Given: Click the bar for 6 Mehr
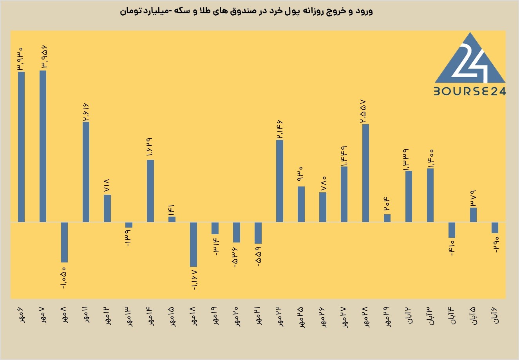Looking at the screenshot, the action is click(x=21, y=147).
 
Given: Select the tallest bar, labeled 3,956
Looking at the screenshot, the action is click(x=43, y=146).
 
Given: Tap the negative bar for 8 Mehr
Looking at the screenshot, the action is click(x=64, y=242).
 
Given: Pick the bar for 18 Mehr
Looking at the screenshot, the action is click(x=193, y=244).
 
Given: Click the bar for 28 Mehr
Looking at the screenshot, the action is click(x=365, y=173).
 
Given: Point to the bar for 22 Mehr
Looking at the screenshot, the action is click(x=280, y=181).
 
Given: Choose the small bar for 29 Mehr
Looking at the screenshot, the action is click(x=387, y=218).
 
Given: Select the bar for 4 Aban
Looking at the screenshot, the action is click(x=452, y=230).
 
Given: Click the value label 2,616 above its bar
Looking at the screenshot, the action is click(x=86, y=112).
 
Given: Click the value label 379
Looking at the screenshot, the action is click(x=473, y=199).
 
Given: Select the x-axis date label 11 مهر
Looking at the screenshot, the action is click(x=85, y=315).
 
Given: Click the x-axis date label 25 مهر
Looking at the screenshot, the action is click(x=301, y=317).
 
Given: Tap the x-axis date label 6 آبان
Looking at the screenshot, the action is click(x=495, y=315).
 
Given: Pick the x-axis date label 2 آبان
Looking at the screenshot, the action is click(x=409, y=315).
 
